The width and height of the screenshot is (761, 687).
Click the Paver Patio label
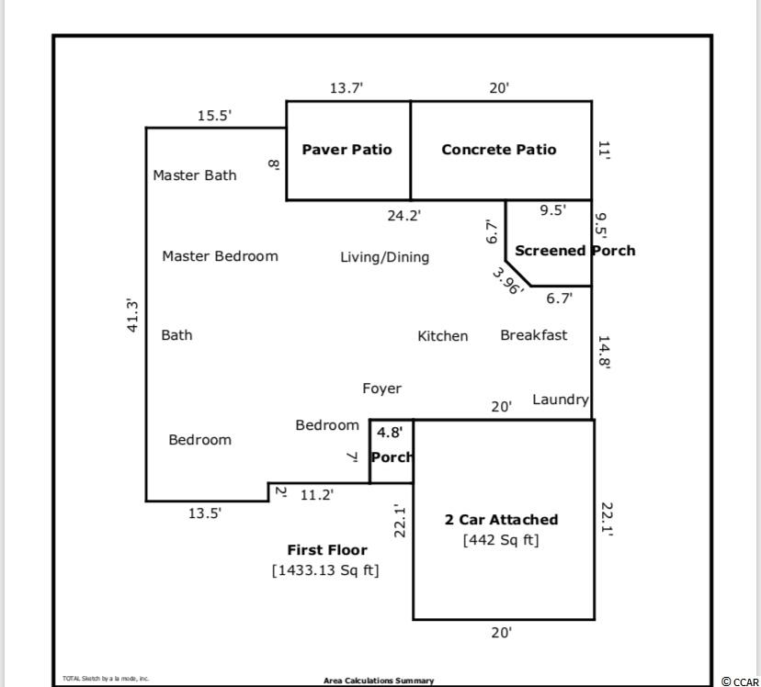(346, 150)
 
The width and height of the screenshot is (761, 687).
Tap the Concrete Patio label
(498, 150)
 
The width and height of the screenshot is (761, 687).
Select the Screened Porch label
(574, 250)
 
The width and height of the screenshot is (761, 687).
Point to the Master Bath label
(194, 175)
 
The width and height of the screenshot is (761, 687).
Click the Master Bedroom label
(220, 256)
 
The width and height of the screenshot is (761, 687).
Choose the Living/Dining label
(384, 257)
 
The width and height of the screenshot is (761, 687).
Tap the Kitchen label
(442, 336)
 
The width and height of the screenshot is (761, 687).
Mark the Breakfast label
(533, 335)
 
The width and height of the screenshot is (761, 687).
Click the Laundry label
(560, 400)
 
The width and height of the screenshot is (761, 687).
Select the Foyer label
(381, 389)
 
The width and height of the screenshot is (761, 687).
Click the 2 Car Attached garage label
(501, 520)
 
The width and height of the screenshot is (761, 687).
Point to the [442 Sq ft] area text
(501, 540)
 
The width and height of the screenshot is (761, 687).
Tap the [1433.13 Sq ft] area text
(325, 570)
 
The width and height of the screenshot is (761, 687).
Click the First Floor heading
(327, 550)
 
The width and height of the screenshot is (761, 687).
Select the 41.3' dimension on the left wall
(132, 315)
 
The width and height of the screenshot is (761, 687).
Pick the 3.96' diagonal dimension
(506, 280)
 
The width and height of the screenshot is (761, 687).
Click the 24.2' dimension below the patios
(403, 216)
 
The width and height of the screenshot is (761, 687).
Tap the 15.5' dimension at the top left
(214, 116)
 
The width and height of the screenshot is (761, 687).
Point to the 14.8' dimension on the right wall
(604, 351)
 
